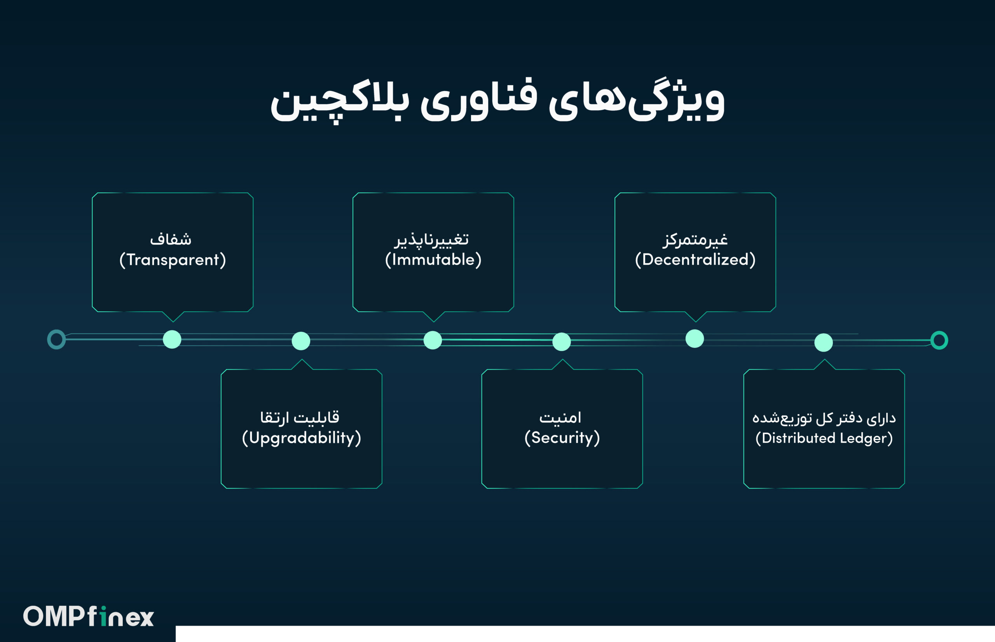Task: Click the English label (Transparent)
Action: [173, 260]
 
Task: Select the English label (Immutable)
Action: [433, 260]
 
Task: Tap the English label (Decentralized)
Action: [695, 260]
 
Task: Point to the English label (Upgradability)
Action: [301, 438]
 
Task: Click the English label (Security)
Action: [562, 438]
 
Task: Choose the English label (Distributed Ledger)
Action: [824, 438]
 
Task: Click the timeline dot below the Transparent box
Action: [172, 339]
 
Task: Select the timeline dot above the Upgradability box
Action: [301, 341]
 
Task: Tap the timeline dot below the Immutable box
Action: [433, 340]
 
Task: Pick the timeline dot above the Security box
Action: [562, 342]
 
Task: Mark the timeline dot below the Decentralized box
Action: [695, 338]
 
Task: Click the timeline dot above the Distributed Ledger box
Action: [824, 343]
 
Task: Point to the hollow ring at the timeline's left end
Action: [48, 339]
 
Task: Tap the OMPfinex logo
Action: [88, 616]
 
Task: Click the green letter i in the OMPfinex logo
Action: [103, 616]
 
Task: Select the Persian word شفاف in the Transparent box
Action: [171, 239]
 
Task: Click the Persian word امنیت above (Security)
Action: [560, 417]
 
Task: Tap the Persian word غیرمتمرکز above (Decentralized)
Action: [695, 239]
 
